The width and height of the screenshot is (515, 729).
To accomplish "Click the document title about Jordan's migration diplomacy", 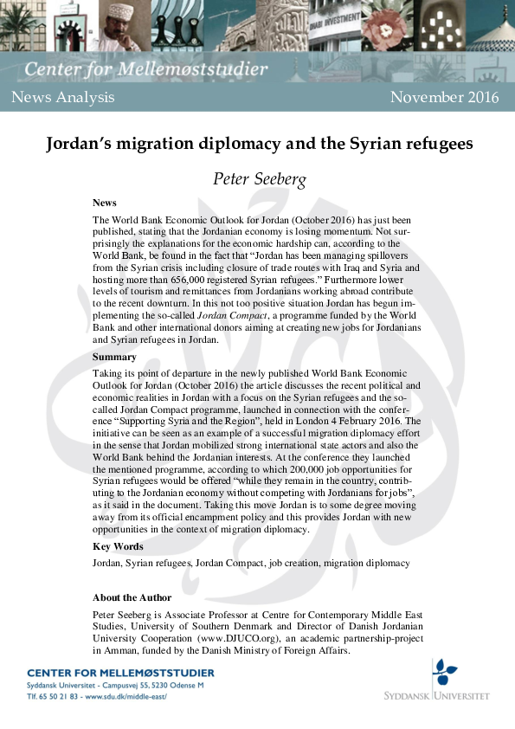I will click(x=259, y=144).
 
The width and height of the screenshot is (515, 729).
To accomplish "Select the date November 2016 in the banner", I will click(x=444, y=97).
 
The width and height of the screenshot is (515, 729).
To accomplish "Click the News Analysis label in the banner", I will click(x=63, y=97).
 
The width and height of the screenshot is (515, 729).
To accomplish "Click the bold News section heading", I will click(x=105, y=203).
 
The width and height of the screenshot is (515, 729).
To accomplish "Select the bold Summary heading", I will click(x=114, y=357).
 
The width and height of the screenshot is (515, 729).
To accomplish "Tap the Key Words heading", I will click(x=119, y=546).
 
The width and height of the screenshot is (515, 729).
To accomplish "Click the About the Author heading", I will click(x=132, y=597).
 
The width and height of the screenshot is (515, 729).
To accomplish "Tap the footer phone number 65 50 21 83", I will click(x=59, y=695).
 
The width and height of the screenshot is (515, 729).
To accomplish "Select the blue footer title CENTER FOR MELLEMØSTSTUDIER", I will click(x=120, y=673).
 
